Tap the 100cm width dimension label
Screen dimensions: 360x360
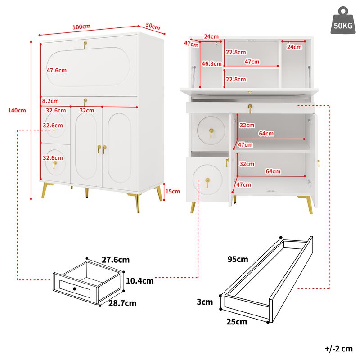pos(81,27)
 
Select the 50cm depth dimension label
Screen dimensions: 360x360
pos(153,27)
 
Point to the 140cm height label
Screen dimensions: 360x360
pos(17,110)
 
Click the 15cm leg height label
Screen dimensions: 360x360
pos(172,191)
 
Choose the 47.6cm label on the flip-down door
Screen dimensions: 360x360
pos(57,70)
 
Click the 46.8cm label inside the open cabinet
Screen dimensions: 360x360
pos(211,64)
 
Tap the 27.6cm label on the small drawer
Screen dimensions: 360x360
pos(116,260)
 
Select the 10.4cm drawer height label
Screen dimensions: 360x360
pos(139,281)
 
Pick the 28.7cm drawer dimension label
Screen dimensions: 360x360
pos(122,303)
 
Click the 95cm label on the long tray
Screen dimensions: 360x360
pos(238,259)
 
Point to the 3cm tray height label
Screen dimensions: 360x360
pos(205,302)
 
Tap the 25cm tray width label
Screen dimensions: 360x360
pos(236,322)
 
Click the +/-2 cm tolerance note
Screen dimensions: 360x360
pos(338,348)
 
